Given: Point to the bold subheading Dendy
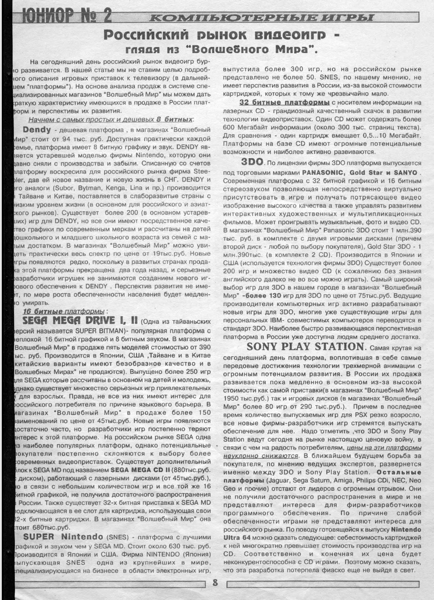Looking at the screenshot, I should (x=37, y=130).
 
